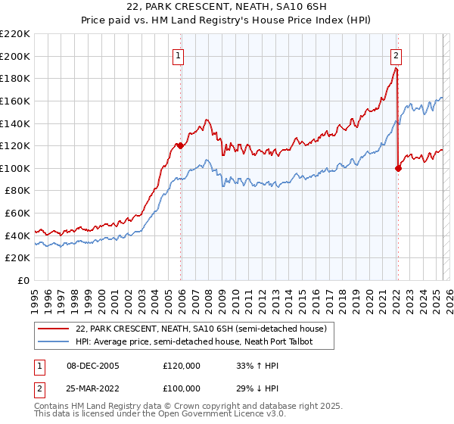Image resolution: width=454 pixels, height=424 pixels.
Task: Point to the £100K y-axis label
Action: pyautogui.click(x=15, y=168)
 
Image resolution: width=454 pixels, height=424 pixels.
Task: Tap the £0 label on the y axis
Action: pyautogui.click(x=24, y=280)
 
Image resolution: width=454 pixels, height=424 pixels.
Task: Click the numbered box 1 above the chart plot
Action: pyautogui.click(x=178, y=55)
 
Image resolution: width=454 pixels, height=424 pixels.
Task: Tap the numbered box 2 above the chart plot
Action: pyautogui.click(x=396, y=55)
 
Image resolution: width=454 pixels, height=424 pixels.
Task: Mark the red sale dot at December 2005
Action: pyautogui.click(x=180, y=145)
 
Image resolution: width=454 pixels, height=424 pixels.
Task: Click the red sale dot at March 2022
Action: pyautogui.click(x=398, y=168)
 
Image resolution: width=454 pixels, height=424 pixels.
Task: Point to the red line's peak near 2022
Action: pyautogui.click(x=396, y=68)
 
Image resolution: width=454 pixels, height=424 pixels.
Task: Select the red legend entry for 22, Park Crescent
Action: pyautogui.click(x=201, y=329)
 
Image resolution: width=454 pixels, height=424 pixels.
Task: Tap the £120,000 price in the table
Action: pyautogui.click(x=182, y=366)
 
